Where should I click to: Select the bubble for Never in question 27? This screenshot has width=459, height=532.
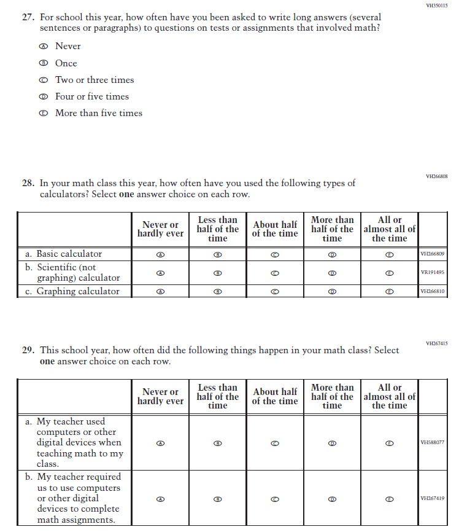tap(43, 47)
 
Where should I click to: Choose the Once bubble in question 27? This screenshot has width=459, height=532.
tap(43, 63)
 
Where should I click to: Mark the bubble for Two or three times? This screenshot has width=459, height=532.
tap(43, 80)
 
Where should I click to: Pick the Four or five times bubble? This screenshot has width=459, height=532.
tap(43, 96)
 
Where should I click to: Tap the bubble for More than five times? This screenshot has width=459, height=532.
tap(43, 113)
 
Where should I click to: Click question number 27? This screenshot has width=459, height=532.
tap(28, 17)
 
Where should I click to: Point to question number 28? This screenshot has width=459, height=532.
tap(28, 183)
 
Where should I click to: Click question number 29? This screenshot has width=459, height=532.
tap(28, 350)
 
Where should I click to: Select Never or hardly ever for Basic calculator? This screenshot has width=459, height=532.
tap(160, 254)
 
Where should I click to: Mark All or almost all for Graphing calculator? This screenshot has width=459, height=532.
tap(389, 292)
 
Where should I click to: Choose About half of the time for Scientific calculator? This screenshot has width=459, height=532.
tap(275, 273)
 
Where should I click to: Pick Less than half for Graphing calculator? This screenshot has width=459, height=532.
tap(217, 292)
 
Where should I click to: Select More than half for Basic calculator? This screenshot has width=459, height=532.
tap(332, 254)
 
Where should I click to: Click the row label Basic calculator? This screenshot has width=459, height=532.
tap(69, 254)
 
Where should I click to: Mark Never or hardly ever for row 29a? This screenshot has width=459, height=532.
tap(160, 442)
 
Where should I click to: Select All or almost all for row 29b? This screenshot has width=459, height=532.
tap(389, 499)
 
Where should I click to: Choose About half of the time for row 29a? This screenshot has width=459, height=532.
tap(275, 442)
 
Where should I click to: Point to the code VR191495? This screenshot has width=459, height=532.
tap(433, 273)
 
